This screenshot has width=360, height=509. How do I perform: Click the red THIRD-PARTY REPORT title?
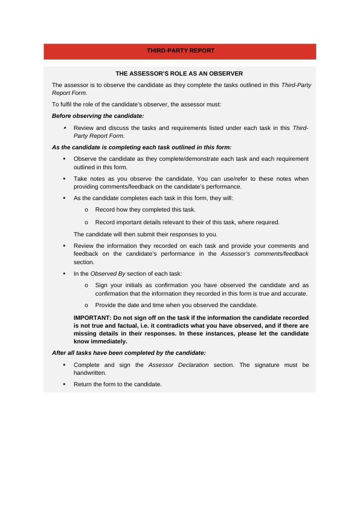pyautogui.click(x=179, y=51)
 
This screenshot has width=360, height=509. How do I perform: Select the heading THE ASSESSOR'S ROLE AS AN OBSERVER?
pyautogui.click(x=179, y=73)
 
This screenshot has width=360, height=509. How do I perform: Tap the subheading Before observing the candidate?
pyautogui.click(x=98, y=115)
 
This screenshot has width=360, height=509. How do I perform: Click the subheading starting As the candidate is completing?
pyautogui.click(x=141, y=147)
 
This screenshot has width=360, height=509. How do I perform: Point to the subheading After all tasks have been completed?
pyautogui.click(x=129, y=352)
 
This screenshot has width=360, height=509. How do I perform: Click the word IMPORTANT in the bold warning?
pyautogui.click(x=92, y=317)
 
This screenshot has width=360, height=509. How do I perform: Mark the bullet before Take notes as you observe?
pyautogui.click(x=64, y=179)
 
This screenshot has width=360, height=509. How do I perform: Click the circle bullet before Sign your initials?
pyautogui.click(x=87, y=285)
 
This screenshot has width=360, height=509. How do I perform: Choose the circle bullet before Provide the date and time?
pyautogui.click(x=87, y=305)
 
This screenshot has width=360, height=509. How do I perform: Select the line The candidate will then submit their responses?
pyautogui.click(x=146, y=234)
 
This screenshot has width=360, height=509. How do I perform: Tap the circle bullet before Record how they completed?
pyautogui.click(x=87, y=210)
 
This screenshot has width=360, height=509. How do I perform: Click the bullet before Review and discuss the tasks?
pyautogui.click(x=64, y=128)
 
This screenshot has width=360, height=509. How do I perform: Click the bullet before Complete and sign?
pyautogui.click(x=64, y=365)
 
